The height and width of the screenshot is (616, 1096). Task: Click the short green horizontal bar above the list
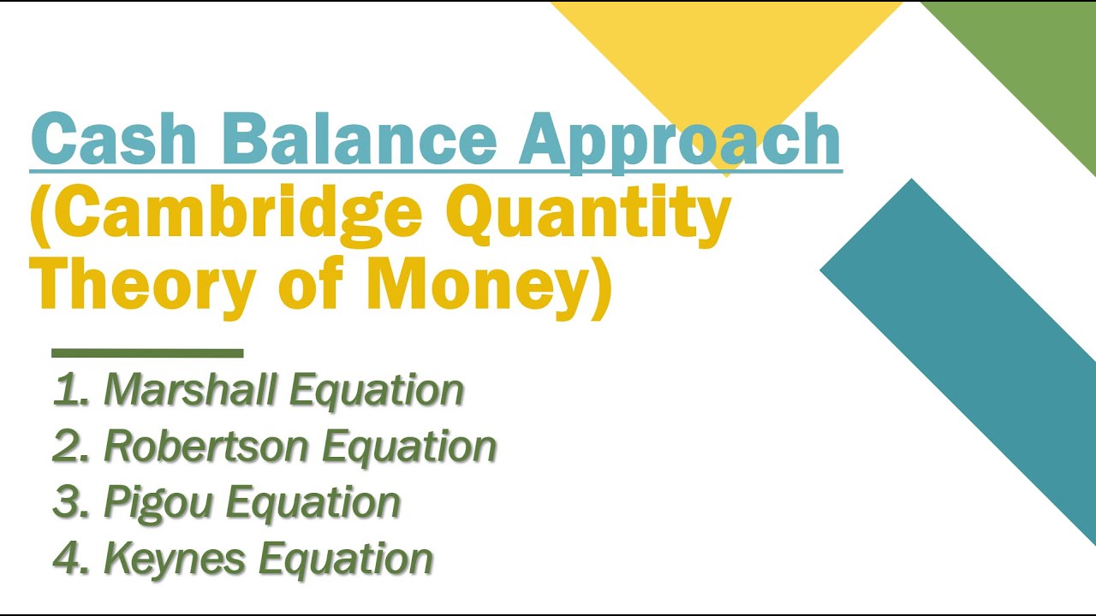(x=147, y=352)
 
